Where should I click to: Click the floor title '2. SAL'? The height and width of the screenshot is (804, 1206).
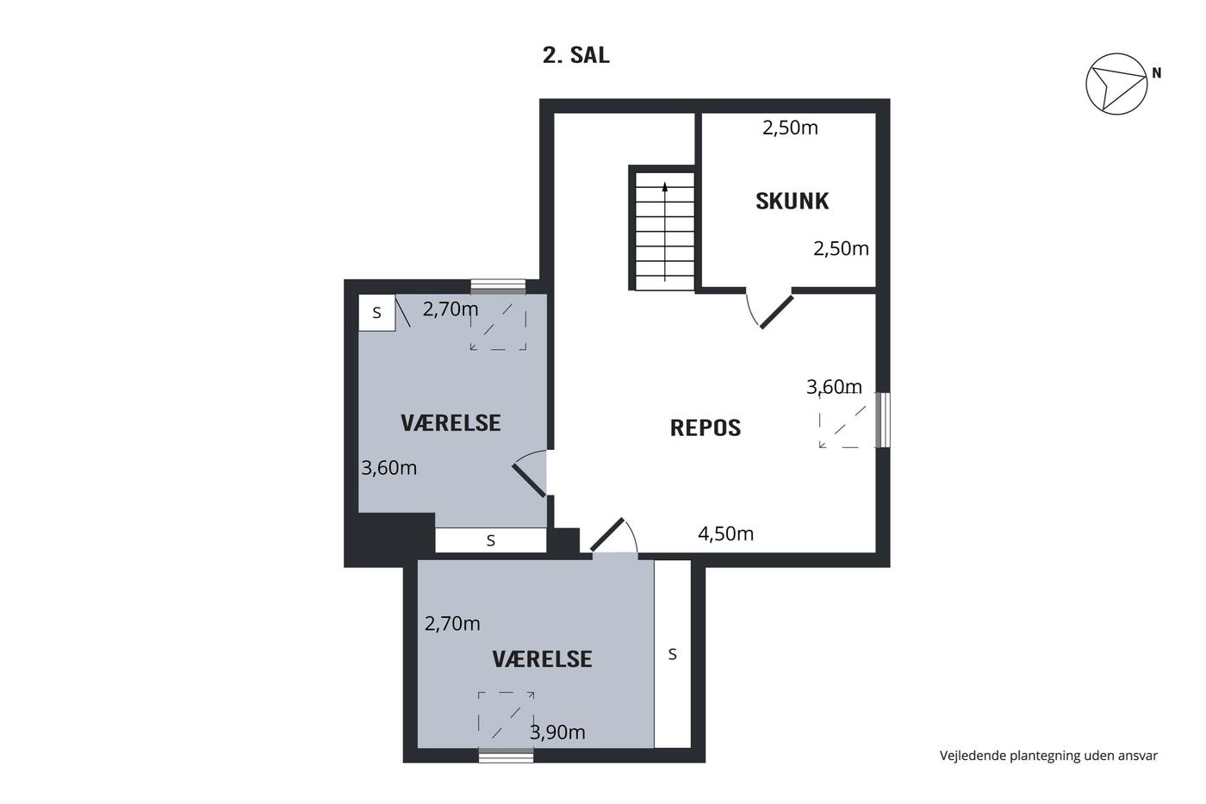click(x=576, y=55)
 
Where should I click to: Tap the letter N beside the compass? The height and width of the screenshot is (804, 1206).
click(x=1156, y=72)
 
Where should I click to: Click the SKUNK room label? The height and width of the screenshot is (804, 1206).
click(x=792, y=201)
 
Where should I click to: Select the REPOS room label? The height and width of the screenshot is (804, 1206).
click(x=706, y=427)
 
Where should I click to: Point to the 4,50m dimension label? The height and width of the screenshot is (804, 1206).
click(x=725, y=533)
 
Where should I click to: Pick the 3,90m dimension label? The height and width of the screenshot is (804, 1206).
click(x=557, y=732)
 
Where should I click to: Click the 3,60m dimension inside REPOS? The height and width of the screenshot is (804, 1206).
click(x=834, y=387)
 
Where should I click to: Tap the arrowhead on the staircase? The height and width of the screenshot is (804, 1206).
click(x=665, y=187)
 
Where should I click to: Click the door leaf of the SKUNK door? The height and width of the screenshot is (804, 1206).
click(x=776, y=312)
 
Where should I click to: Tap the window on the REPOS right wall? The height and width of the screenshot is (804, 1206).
click(x=882, y=420)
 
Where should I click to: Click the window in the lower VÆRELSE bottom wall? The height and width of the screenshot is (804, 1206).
click(x=507, y=755)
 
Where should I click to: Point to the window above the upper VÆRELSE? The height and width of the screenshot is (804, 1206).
click(x=498, y=286)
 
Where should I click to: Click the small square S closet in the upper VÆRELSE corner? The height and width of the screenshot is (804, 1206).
click(x=377, y=312)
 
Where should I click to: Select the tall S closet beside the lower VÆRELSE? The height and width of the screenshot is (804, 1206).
click(x=673, y=654)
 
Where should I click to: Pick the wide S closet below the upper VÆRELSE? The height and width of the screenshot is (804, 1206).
click(x=490, y=540)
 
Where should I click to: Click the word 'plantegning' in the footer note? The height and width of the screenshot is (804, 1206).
click(x=1029, y=756)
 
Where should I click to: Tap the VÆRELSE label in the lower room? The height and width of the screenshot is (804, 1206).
click(x=542, y=659)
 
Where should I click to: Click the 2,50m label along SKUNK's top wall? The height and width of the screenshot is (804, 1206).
click(x=790, y=128)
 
